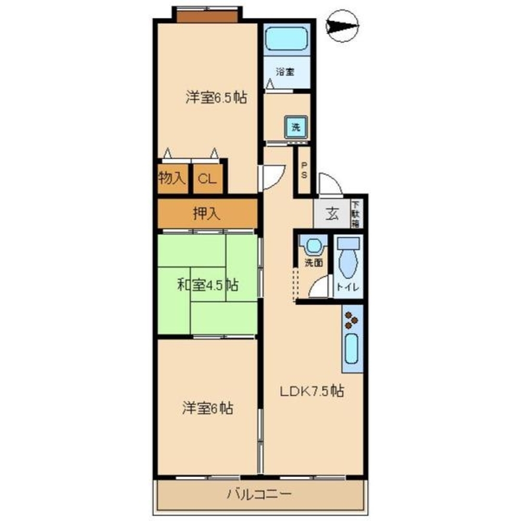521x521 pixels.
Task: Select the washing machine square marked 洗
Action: click(295, 127)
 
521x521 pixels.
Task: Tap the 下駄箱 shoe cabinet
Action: click(355, 214)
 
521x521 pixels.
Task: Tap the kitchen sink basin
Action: click(352, 350)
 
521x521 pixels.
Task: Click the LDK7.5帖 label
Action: click(312, 391)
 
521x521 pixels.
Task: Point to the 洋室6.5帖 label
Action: click(216, 97)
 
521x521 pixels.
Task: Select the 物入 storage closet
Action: click(172, 179)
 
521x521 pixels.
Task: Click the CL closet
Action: click(207, 179)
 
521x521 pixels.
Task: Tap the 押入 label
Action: click(206, 213)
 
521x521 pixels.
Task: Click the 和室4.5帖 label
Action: click(208, 285)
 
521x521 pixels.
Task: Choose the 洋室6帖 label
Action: click(207, 408)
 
